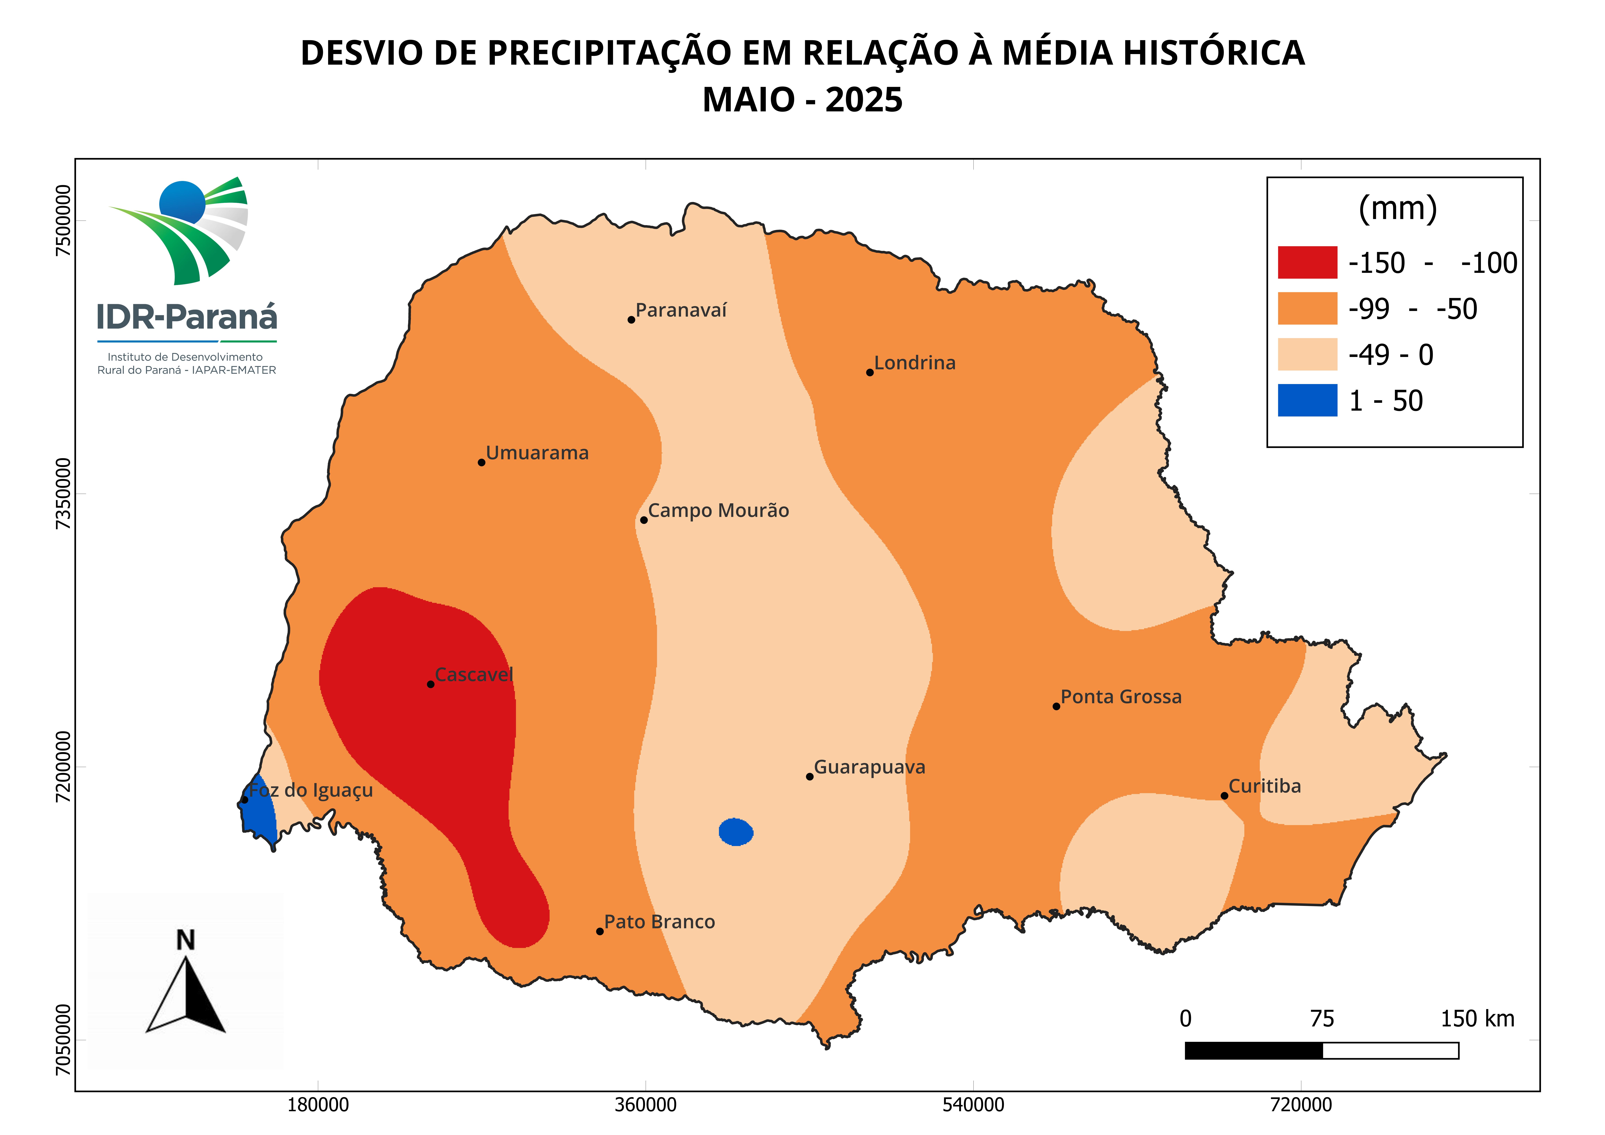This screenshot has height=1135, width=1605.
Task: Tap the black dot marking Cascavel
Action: coord(431,684)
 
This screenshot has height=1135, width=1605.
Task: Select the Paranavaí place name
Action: coord(681,310)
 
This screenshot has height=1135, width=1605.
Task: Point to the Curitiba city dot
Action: coord(1224,796)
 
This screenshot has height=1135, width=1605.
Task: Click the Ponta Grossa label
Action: coord(1121,697)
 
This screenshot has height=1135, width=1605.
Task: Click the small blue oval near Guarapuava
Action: coord(736,832)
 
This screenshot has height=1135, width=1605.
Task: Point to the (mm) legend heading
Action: coord(1397,208)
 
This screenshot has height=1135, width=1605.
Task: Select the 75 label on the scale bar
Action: coord(1322,1019)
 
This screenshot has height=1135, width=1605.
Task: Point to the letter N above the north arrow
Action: coord(185,941)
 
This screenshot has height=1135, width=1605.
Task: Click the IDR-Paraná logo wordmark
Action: coord(187,317)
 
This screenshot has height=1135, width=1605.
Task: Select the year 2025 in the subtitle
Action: coord(864,100)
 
